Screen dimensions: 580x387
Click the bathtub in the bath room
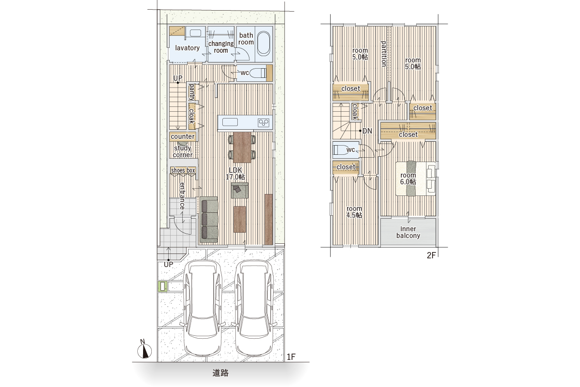point(263,44)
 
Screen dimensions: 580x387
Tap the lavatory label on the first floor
point(187,48)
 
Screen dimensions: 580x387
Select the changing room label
point(221,47)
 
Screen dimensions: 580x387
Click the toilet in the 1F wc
point(258,73)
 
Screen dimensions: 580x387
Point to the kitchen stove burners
point(263,122)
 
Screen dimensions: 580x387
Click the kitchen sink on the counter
point(230,122)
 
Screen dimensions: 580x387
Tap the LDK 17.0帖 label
point(235,173)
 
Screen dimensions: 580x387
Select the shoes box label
point(183,170)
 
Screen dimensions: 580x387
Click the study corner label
point(183,151)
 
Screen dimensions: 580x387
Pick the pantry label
point(191,92)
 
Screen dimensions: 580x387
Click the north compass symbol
point(144,349)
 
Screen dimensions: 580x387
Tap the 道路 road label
point(220,373)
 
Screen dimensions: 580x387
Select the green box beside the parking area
point(162,287)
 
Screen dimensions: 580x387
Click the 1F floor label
point(291,357)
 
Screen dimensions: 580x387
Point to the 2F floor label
point(431,255)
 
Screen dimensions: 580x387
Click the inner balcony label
point(408,232)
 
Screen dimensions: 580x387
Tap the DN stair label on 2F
point(367,131)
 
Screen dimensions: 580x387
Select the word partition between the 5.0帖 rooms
point(384,54)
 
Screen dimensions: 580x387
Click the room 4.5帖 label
point(354,212)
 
